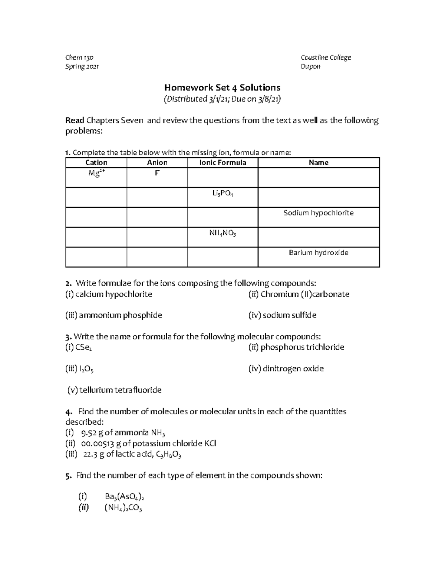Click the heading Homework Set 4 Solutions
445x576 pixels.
[x=222, y=88]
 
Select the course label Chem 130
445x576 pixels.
[x=79, y=57]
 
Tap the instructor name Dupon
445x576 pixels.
[x=311, y=66]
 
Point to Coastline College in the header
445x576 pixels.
[x=326, y=57]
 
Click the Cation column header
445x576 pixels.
[x=96, y=162]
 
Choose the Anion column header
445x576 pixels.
[x=157, y=162]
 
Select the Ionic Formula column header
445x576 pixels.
[x=222, y=162]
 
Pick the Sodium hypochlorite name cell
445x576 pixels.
[x=319, y=213]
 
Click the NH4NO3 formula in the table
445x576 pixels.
[x=222, y=233]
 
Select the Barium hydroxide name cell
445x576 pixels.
[x=319, y=253]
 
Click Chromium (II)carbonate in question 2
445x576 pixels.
[x=299, y=294]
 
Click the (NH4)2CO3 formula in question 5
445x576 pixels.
[x=123, y=508]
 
